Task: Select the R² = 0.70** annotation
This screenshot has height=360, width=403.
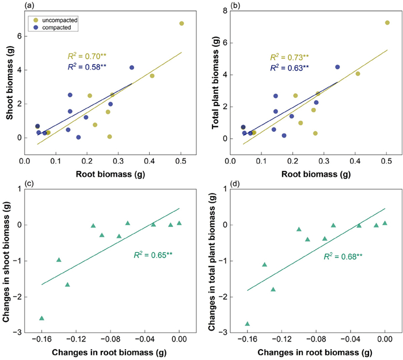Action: coord(86,56)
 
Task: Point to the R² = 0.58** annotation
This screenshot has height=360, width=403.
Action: coord(86,67)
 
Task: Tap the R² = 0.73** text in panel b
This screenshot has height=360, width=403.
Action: coord(289,57)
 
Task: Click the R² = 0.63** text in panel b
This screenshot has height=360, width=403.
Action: coord(289,67)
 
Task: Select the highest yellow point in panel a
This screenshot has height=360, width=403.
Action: coord(181,24)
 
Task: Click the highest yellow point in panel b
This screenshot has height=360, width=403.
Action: coord(387,23)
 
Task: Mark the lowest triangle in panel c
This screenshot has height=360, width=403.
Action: coord(41,318)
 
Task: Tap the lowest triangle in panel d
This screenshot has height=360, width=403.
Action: coord(248,324)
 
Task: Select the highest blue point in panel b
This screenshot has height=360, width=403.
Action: coord(337,67)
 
